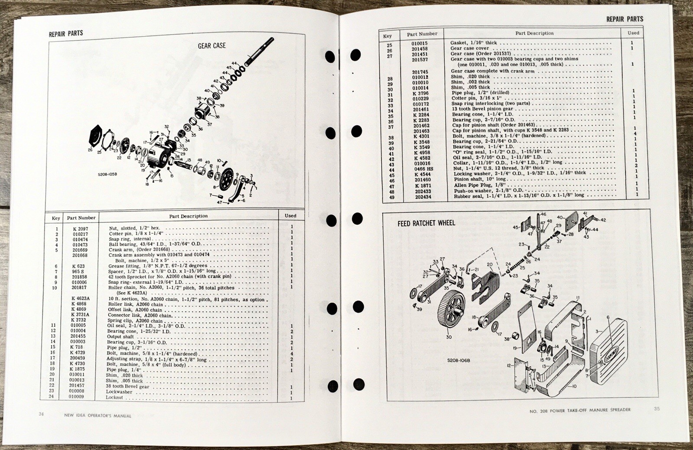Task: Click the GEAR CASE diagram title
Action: (x=212, y=45)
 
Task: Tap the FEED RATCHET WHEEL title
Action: (x=426, y=223)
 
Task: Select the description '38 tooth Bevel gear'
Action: (x=129, y=386)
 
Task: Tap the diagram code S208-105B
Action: (x=108, y=175)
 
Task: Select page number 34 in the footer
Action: (x=41, y=414)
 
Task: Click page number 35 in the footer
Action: (x=657, y=408)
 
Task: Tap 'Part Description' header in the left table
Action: (x=188, y=216)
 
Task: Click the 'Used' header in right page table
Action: (x=633, y=32)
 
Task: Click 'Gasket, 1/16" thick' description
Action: (x=473, y=43)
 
